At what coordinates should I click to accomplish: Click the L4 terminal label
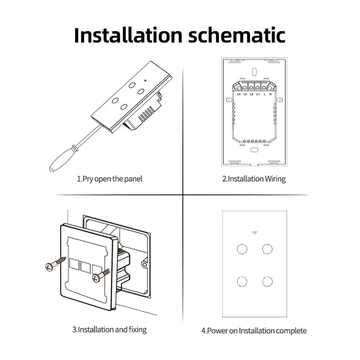coord(239,94)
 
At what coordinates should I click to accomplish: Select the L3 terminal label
coord(245,94)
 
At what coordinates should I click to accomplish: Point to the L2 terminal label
coord(252,94)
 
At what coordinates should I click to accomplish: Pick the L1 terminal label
coord(258,94)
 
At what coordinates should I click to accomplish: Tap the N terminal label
coord(270,94)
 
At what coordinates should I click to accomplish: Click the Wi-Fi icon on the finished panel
coord(255,233)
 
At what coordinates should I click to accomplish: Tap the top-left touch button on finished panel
coord(242,249)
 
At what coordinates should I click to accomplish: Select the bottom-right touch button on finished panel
coord(267,281)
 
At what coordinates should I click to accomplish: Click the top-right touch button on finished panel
coord(267,249)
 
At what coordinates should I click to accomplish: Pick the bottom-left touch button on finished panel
coord(242,281)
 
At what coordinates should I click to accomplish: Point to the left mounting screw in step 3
coord(55,264)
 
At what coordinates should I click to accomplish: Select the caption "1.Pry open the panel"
coord(110,179)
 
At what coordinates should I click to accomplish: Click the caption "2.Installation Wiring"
coord(254,179)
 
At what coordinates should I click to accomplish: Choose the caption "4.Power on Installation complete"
coord(254,330)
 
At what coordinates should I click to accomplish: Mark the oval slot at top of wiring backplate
coord(255,71)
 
